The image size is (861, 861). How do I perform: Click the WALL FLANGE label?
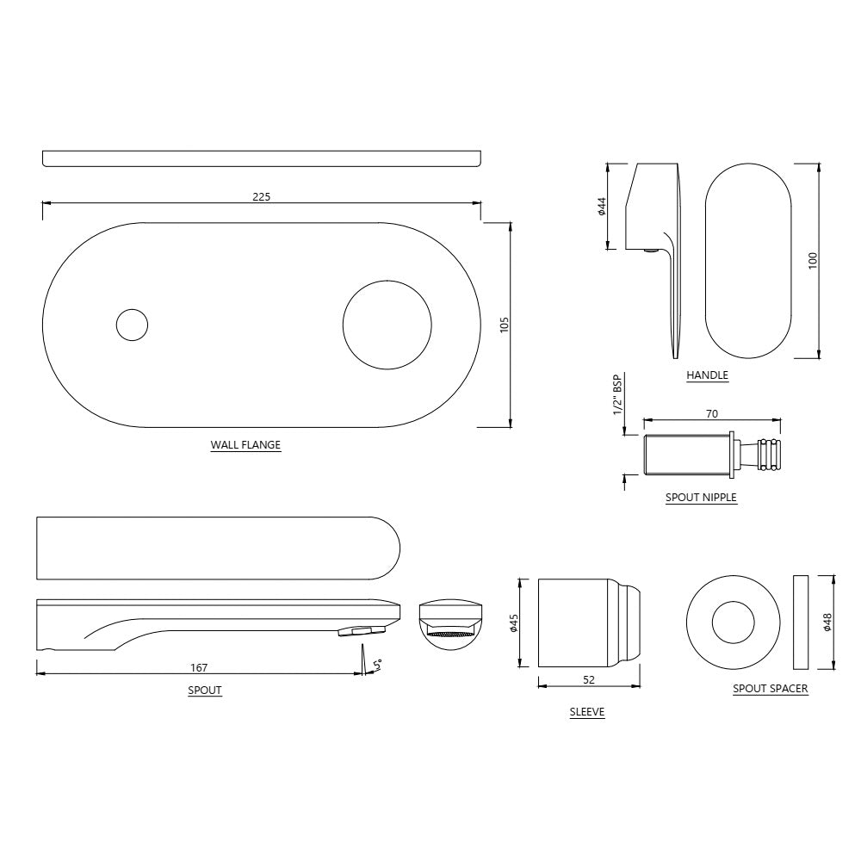[245, 445]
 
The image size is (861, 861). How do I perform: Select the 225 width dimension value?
[261, 196]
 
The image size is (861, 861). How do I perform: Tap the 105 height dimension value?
[505, 325]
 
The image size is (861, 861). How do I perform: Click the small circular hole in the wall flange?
[132, 325]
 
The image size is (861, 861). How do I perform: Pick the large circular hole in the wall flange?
[387, 325]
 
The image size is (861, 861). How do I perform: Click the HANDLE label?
[707, 375]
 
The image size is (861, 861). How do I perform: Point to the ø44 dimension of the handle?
[602, 207]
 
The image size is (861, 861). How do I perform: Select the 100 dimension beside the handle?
[812, 260]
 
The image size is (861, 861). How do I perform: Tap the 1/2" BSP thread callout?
[617, 395]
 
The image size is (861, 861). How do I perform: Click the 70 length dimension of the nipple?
[712, 414]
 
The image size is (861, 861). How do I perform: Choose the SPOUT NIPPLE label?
[701, 498]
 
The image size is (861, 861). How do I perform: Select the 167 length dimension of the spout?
[200, 667]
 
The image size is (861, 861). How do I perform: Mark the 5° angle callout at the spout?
[377, 663]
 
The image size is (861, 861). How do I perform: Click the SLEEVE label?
[587, 712]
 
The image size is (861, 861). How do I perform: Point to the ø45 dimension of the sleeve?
[513, 623]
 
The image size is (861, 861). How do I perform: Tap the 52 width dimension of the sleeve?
[588, 680]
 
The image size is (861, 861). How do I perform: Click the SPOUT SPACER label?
[770, 689]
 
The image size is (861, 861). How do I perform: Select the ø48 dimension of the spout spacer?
[827, 623]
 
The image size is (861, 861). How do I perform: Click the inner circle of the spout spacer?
[733, 623]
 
